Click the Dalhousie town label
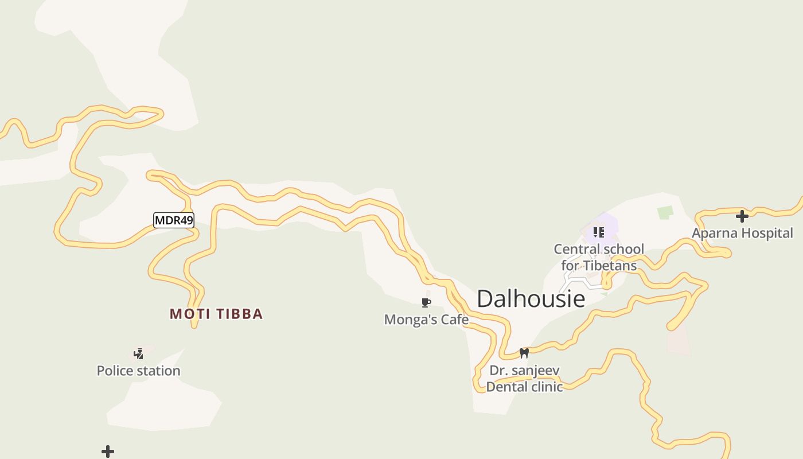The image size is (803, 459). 531,299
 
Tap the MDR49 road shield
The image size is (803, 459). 174,220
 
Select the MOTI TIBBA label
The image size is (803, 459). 216,314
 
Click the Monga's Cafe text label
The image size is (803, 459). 426,320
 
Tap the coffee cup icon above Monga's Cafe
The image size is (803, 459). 426,302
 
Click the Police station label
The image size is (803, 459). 138,371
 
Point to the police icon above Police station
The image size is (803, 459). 138,353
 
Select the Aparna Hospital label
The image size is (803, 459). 742,234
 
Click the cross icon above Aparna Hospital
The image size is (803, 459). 742,216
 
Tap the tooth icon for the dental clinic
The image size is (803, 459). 524,353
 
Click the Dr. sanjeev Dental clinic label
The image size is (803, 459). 524,379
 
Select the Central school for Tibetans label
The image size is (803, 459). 599,257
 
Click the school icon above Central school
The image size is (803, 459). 599,232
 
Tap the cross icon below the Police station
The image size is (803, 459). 108,452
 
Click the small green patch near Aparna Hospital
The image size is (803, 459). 665,212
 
